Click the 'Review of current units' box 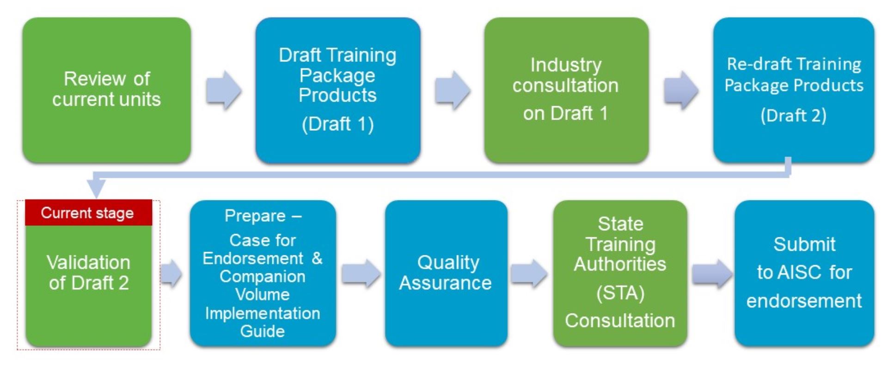coord(107,90)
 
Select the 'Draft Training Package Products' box coord(338,90)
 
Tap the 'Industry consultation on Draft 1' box coord(566,90)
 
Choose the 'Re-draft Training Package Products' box coord(794,90)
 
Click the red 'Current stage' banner coord(88,213)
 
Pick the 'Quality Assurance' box coord(446,273)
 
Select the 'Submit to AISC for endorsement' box coord(804,273)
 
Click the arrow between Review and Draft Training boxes coord(224,90)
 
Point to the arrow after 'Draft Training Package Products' coord(453,90)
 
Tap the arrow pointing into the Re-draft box coord(681,90)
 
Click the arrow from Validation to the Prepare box coord(171,273)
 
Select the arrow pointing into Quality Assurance coord(361,273)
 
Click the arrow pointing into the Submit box coord(711,273)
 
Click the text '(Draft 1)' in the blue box coord(338,124)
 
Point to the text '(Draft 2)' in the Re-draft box coord(794,115)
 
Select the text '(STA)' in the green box coord(620,293)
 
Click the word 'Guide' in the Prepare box coord(263,331)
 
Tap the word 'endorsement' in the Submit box coord(804,301)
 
